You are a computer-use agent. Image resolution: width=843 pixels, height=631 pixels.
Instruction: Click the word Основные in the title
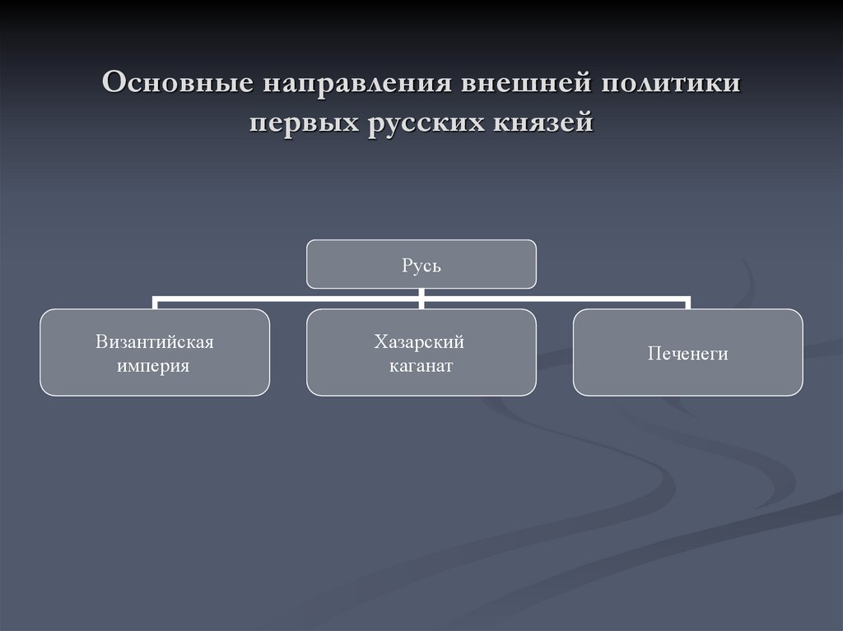175,85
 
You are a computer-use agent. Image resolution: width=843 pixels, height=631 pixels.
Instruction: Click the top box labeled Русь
421,263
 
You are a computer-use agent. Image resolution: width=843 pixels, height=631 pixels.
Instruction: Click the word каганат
421,365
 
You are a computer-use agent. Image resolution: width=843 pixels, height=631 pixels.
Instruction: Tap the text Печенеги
688,354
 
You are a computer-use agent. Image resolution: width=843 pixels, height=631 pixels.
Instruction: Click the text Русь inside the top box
421,265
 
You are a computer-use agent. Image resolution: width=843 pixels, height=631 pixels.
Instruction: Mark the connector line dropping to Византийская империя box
156,303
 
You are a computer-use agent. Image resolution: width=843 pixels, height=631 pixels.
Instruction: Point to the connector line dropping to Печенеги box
688,303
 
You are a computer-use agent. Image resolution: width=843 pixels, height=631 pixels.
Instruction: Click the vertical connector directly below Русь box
421,292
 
